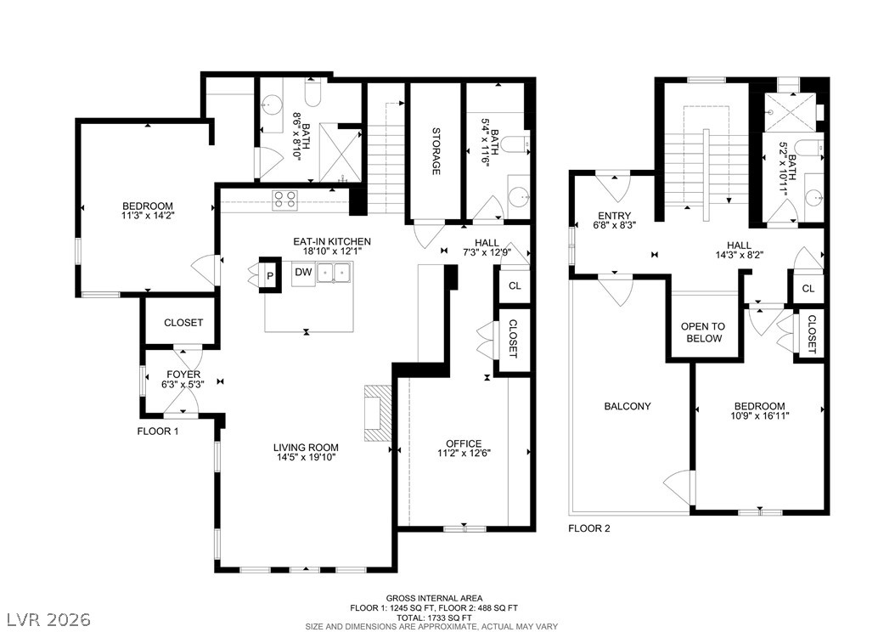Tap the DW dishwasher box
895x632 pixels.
tap(304, 273)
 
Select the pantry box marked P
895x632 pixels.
tap(270, 276)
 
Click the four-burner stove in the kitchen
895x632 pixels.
tap(284, 200)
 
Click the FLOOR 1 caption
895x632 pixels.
tap(158, 432)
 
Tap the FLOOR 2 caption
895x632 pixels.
tap(589, 528)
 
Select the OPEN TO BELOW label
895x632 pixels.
tap(702, 332)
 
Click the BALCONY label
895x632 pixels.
tap(628, 407)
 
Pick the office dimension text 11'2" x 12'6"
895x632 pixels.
tap(464, 454)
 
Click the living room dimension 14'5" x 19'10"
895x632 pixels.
tap(306, 457)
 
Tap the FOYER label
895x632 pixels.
tap(183, 375)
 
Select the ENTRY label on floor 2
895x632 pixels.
tap(614, 216)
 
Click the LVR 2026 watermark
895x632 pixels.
tap(49, 619)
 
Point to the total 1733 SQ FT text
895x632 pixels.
tap(435, 618)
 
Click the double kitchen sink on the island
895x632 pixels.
tap(335, 272)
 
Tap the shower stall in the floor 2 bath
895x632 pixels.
tap(783, 112)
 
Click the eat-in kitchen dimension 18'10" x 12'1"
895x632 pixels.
tap(332, 251)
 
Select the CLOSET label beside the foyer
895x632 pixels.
tap(183, 323)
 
